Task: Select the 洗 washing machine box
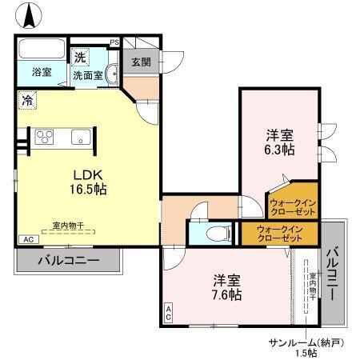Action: click(x=80, y=58)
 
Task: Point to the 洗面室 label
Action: click(x=88, y=76)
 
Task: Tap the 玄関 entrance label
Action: click(x=141, y=62)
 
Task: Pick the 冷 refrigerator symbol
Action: click(x=27, y=101)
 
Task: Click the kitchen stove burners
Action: click(x=43, y=136)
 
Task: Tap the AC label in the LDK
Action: click(x=26, y=239)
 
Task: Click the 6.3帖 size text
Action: click(x=279, y=149)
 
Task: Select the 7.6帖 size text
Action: click(x=226, y=294)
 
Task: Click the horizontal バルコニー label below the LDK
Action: click(x=68, y=260)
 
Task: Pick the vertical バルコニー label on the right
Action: click(x=333, y=272)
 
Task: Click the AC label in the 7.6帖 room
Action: click(x=168, y=311)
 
